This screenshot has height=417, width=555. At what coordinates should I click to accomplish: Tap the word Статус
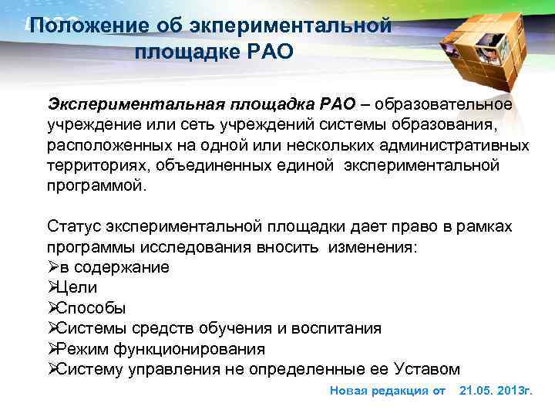(75, 225)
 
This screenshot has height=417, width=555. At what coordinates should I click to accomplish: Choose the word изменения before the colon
(370, 246)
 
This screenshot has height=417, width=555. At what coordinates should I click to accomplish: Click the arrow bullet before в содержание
(53, 267)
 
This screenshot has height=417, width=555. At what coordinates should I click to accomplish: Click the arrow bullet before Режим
(53, 348)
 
